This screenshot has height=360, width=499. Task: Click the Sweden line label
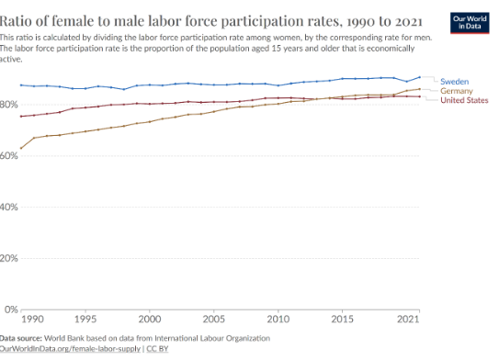click(x=454, y=82)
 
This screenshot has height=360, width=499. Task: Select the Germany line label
click(x=457, y=91)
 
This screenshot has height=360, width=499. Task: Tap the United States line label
click(x=464, y=100)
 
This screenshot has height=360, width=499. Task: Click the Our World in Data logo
click(x=470, y=23)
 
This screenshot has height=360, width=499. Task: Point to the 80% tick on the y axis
click(x=9, y=105)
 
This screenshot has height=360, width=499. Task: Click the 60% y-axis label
click(x=9, y=156)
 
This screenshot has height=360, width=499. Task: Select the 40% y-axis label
click(x=9, y=207)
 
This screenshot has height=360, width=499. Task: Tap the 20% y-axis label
click(x=9, y=258)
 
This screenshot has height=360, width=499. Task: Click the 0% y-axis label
click(x=11, y=309)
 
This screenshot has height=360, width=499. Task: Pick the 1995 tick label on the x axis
click(x=85, y=319)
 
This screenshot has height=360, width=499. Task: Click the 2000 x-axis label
click(x=150, y=319)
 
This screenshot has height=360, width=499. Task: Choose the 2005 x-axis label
click(x=214, y=319)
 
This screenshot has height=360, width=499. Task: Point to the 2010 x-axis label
click(x=278, y=319)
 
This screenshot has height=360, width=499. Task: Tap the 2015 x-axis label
click(x=342, y=319)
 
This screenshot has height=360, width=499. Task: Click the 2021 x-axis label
click(x=408, y=319)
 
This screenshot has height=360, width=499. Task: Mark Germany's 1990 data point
click(x=21, y=148)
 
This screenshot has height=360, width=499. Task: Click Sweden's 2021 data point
click(x=419, y=77)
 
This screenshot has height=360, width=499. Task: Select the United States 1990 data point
click(x=21, y=117)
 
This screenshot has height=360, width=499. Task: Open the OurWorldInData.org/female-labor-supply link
click(x=70, y=349)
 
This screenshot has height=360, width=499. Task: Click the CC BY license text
click(x=157, y=349)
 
